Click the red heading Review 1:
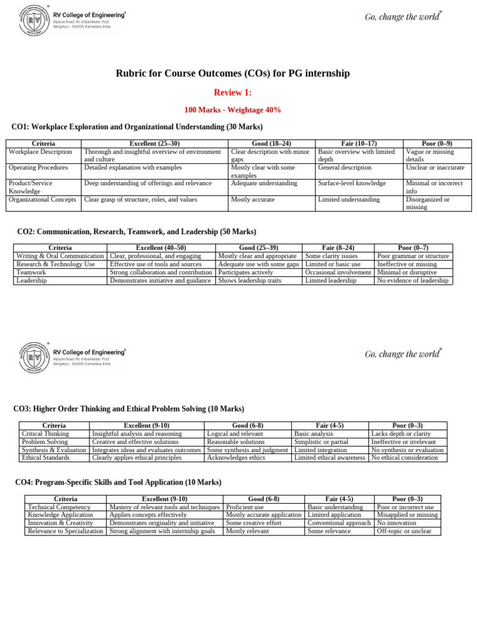point(233,93)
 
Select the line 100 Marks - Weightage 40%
point(233,110)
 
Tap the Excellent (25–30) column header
point(155,143)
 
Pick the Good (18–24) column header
point(272,143)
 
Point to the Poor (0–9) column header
point(437,143)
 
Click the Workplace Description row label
point(40,152)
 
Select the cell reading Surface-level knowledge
point(352,183)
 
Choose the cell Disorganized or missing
point(429,203)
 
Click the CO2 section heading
point(136,232)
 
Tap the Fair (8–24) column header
point(339,247)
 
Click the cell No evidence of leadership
point(412,280)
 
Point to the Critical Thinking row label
point(45,434)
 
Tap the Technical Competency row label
point(60,507)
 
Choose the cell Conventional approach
point(339,523)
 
